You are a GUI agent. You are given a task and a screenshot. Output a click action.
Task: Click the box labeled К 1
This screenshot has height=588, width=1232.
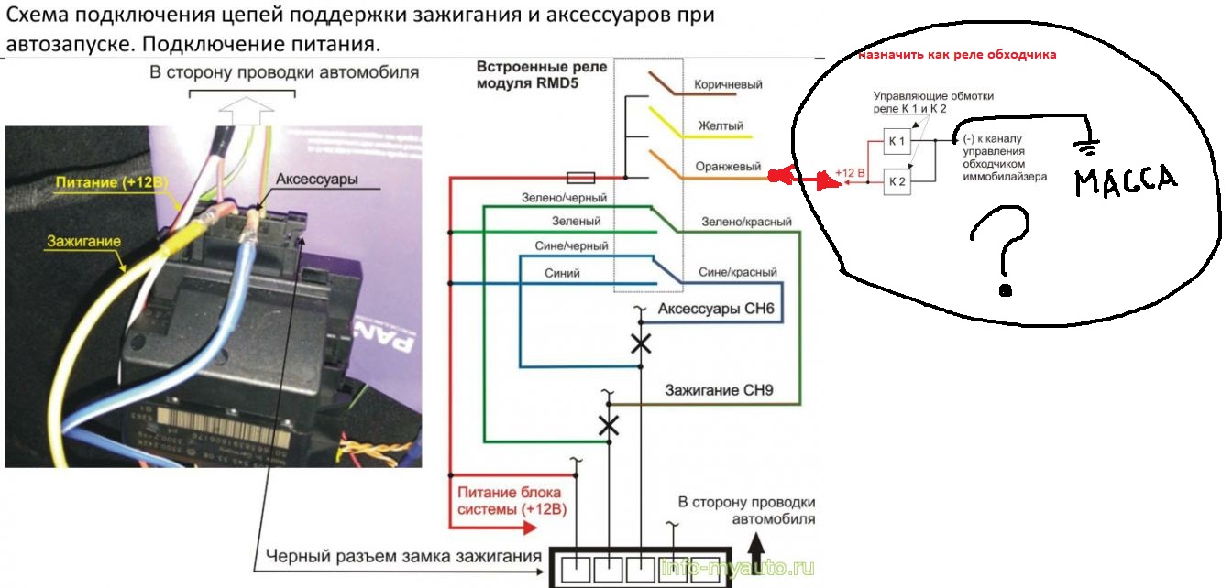896,141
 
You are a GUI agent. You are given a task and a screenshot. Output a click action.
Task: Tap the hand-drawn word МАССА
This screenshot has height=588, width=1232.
1125,179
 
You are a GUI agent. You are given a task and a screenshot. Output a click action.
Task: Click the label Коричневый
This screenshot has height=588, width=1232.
729,85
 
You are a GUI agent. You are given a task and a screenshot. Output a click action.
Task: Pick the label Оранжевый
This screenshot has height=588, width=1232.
728,167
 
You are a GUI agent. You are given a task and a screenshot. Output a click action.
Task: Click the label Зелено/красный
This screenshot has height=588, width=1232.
746,222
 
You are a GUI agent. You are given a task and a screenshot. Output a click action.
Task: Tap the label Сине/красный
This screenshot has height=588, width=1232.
737,273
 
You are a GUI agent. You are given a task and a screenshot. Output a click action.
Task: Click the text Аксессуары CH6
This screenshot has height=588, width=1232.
717,310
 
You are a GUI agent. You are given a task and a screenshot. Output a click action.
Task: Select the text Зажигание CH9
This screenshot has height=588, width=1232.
719,390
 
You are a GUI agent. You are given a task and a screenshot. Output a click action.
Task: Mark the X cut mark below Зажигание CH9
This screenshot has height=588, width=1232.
607,425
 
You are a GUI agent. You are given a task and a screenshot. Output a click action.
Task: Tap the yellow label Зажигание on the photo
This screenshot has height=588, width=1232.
77,241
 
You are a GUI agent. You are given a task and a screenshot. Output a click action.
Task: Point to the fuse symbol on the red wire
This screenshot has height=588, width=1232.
582,177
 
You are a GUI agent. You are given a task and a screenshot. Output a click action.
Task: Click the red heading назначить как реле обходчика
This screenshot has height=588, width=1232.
956,55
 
